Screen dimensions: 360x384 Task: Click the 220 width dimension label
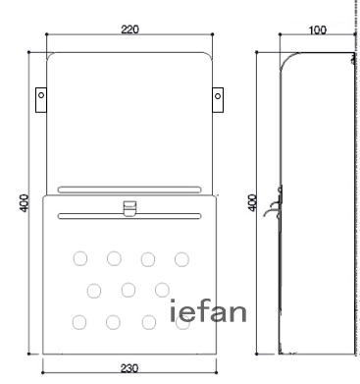[129, 29]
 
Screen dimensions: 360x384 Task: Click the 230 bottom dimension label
[129, 368]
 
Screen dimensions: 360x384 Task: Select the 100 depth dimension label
[317, 29]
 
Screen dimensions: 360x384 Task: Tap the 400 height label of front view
[25, 203]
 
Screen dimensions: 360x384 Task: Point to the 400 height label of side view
[252, 202]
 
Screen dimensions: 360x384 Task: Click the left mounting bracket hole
[41, 95]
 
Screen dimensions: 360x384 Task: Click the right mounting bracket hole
[218, 96]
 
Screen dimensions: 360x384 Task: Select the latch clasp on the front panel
[129, 208]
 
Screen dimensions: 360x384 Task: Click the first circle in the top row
[80, 258]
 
